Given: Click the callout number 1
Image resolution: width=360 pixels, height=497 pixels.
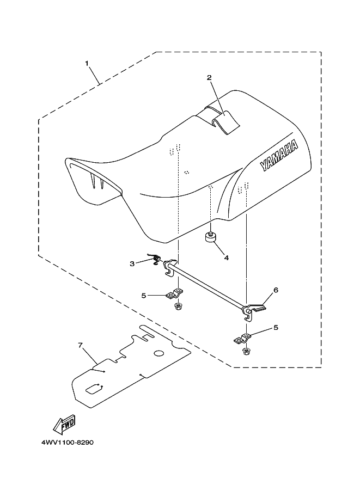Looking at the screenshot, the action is (x=87, y=63).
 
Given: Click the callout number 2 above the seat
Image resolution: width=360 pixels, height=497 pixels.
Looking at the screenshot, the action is (x=209, y=77).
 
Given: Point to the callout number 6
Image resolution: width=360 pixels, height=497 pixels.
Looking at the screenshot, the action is (x=276, y=290).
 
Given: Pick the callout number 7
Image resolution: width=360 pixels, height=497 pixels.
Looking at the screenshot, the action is (x=80, y=345).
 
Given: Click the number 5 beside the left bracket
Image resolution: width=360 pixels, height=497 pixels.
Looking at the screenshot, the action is (x=143, y=296).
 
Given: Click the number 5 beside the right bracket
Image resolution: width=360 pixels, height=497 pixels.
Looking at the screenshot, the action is (x=275, y=328).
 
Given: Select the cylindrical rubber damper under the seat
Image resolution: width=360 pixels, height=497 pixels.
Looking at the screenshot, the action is (x=211, y=237).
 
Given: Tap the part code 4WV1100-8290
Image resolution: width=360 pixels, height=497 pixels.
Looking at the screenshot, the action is (x=67, y=443).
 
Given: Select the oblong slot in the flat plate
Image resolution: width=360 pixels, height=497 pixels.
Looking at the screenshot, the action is (x=94, y=388).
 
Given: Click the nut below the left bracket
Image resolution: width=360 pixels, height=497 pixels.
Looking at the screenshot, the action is (x=178, y=307).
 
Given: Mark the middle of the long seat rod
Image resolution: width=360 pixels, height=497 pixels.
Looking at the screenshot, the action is (x=210, y=289).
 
